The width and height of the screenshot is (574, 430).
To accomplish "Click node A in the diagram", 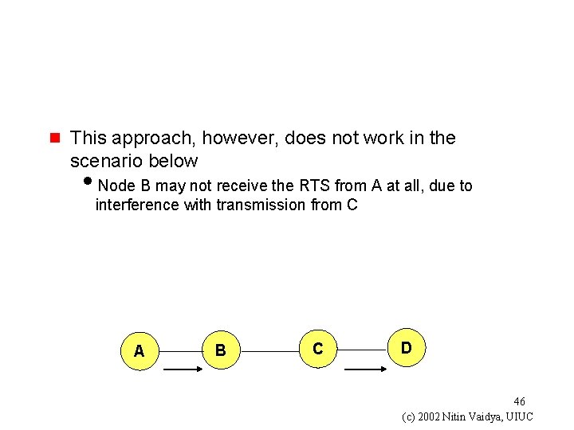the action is coord(140,350).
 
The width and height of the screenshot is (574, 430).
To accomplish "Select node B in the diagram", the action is coord(221,350).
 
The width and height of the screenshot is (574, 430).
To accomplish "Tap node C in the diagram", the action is coord(318,349).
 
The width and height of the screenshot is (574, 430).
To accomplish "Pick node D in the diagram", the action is coord(406,348).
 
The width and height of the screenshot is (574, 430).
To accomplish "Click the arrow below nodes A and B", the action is coord(183,369).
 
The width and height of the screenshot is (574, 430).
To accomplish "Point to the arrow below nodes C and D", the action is coord(364,369).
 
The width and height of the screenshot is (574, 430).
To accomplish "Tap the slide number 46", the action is coord(519,401).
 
